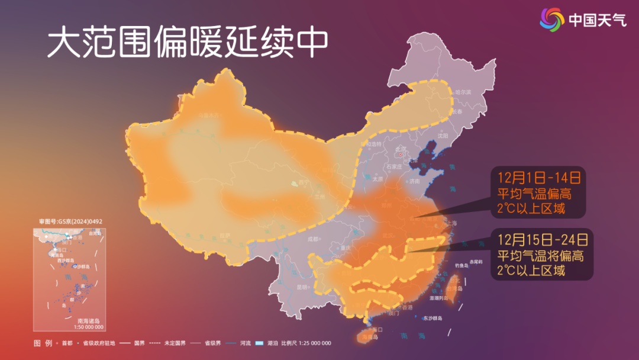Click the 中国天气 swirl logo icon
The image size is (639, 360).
[x=552, y=20]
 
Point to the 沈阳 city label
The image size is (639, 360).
[x=444, y=136]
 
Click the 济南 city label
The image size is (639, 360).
[x=414, y=181]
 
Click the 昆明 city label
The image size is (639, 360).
[x=303, y=287]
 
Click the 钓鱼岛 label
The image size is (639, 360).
[x=462, y=265]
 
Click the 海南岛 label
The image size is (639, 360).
[x=367, y=337]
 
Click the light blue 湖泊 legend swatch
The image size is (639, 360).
[x=257, y=343]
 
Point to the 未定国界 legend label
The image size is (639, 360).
[x=175, y=343]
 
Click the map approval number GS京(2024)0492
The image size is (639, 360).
[x=70, y=221]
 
